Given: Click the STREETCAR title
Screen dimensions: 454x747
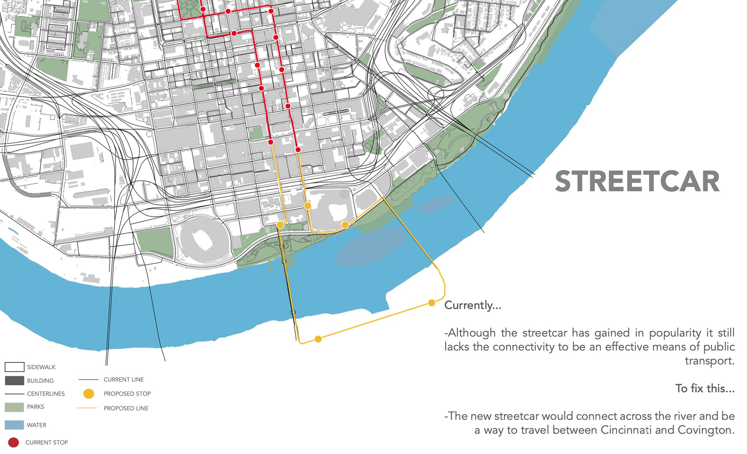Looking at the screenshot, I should pyautogui.click(x=637, y=182).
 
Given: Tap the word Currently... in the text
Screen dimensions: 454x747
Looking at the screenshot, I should pyautogui.click(x=472, y=305).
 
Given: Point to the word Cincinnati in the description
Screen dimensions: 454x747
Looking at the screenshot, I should pyautogui.click(x=626, y=430).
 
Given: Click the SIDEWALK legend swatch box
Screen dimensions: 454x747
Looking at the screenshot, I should pyautogui.click(x=14, y=367).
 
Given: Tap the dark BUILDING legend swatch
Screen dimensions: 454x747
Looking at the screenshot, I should pyautogui.click(x=14, y=380).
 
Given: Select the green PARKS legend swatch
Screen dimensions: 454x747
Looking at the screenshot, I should pyautogui.click(x=14, y=407).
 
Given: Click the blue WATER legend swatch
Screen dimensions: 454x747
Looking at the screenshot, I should pyautogui.click(x=14, y=425).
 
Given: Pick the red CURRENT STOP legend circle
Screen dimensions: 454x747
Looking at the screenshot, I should pyautogui.click(x=14, y=442).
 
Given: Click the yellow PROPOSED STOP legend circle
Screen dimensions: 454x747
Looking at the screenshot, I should pyautogui.click(x=89, y=394).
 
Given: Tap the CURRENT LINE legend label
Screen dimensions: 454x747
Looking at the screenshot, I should pyautogui.click(x=124, y=379).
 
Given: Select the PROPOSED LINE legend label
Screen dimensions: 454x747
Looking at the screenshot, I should pyautogui.click(x=126, y=408).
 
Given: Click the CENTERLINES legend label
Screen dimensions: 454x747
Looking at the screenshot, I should pyautogui.click(x=46, y=394).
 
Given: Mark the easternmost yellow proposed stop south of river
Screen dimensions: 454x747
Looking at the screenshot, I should pyautogui.click(x=431, y=303).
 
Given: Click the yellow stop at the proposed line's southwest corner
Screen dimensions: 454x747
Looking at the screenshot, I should pyautogui.click(x=318, y=339).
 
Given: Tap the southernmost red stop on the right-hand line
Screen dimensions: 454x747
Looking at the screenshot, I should pyautogui.click(x=298, y=149).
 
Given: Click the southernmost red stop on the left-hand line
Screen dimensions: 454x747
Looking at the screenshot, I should pyautogui.click(x=271, y=142).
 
